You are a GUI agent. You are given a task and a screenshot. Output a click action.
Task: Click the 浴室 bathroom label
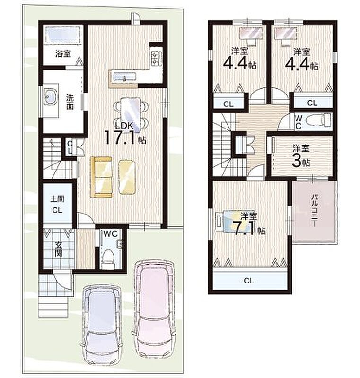pyautogui.click(x=63, y=53)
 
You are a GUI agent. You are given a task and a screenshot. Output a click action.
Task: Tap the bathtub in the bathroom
pyautogui.click(x=63, y=34)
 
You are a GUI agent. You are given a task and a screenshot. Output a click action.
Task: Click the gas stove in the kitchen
pyautogui.click(x=154, y=58)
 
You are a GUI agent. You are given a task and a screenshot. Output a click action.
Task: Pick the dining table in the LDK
pyautogui.click(x=130, y=115)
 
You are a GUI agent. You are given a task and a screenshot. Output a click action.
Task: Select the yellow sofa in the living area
pyautogui.click(x=101, y=177)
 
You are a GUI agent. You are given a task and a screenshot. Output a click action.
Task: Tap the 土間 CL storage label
pyautogui.click(x=57, y=205)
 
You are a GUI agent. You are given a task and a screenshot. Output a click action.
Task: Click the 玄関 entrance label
pyautogui.click(x=58, y=250)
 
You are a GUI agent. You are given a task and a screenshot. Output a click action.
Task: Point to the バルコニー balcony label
pyautogui.click(x=315, y=210)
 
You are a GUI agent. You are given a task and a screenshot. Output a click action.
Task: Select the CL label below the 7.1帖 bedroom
pyautogui.click(x=248, y=281)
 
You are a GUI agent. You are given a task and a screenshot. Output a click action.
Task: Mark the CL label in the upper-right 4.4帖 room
pyautogui.click(x=312, y=103)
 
